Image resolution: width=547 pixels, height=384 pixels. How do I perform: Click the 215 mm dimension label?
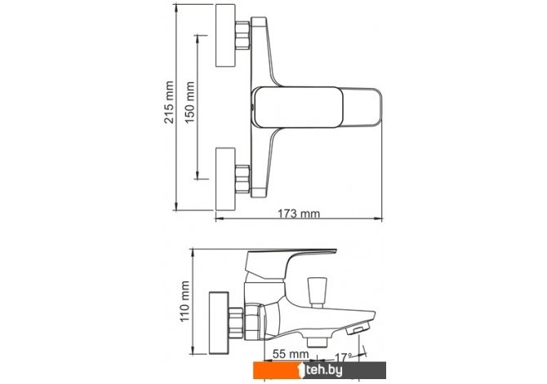[169, 102]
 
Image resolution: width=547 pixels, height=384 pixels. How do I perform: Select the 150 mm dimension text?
[189, 103]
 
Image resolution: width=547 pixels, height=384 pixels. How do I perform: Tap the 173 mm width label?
[299, 214]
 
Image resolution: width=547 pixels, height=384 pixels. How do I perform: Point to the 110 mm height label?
[185, 302]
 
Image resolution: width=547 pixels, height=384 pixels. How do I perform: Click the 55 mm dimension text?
[291, 355]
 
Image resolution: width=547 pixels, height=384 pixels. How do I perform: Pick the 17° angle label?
[343, 358]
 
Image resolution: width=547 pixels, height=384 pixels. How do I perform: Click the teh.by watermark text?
[323, 370]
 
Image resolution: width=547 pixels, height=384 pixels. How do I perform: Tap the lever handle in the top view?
[317, 108]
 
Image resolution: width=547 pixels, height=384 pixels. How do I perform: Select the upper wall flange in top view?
[225, 36]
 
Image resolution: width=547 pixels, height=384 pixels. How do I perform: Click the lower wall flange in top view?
[225, 179]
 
